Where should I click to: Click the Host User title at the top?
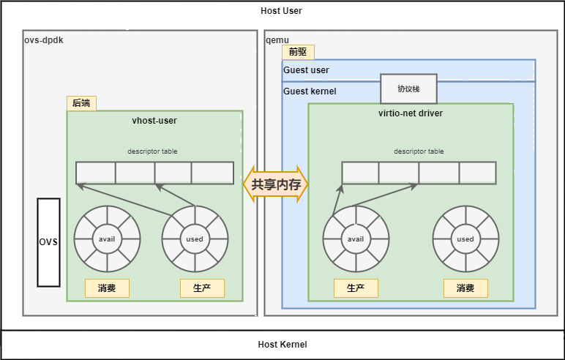(x=281, y=11)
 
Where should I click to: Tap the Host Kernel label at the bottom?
(x=282, y=345)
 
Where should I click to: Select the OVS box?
(x=48, y=242)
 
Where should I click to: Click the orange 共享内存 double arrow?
(x=276, y=184)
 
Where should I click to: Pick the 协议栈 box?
(x=408, y=89)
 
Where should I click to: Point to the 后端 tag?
(x=81, y=103)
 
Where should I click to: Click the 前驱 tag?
(x=298, y=52)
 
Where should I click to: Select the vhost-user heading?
(x=154, y=120)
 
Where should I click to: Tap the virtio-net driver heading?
(x=410, y=113)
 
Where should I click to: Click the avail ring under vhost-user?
(x=107, y=239)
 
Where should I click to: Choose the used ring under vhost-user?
(x=195, y=239)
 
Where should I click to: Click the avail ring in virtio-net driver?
(x=356, y=239)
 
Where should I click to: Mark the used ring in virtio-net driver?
(x=465, y=239)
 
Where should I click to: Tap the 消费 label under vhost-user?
(x=107, y=288)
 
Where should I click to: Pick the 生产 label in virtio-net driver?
(x=356, y=288)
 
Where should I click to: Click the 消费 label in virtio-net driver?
(x=465, y=288)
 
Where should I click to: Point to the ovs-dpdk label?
(x=44, y=40)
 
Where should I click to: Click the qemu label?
(x=277, y=40)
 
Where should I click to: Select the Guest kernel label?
(x=310, y=91)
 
